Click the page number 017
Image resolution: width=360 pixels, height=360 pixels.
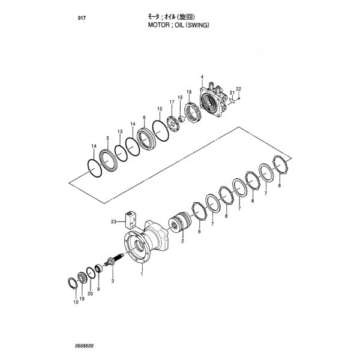(82, 18)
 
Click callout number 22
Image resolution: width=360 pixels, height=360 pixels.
(238, 89)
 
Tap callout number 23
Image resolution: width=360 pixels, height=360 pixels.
(113, 222)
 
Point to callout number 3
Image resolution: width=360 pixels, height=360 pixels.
(112, 280)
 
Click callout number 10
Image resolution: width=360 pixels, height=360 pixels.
(76, 302)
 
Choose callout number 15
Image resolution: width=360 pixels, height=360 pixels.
(160, 109)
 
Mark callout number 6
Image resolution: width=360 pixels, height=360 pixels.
(144, 118)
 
